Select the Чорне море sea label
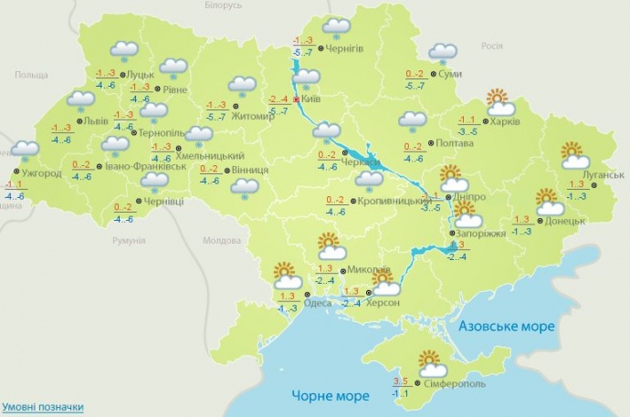(x=331, y=395)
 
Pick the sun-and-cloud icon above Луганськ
(x=572, y=155)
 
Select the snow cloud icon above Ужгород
(x=25, y=150)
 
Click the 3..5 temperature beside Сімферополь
(x=400, y=381)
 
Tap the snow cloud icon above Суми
(x=444, y=53)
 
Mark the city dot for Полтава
(x=432, y=144)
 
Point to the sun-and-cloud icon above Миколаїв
(x=329, y=246)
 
